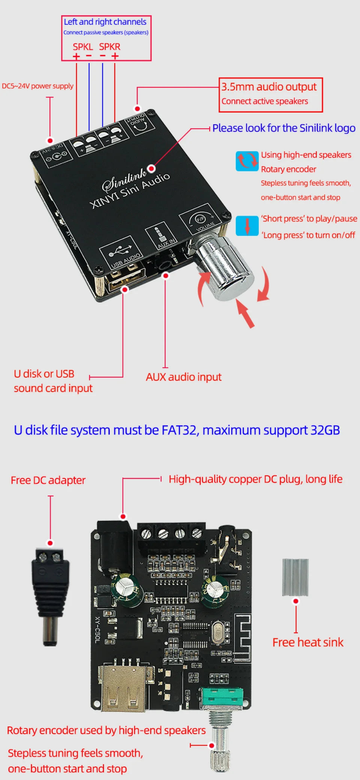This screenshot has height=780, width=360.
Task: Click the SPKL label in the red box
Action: click(82, 47)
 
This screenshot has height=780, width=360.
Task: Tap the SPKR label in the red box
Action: click(109, 47)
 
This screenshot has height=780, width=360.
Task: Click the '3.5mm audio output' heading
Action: click(268, 87)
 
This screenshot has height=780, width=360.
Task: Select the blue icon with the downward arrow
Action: click(247, 226)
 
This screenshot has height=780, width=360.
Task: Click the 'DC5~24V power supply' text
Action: click(37, 86)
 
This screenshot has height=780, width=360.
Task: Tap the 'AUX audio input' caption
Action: click(183, 377)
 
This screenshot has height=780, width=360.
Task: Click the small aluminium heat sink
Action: click(295, 577)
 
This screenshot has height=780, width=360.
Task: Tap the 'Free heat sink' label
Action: click(307, 642)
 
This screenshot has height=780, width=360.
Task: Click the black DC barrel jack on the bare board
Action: click(114, 544)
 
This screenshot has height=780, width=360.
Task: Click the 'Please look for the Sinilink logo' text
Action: click(283, 128)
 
